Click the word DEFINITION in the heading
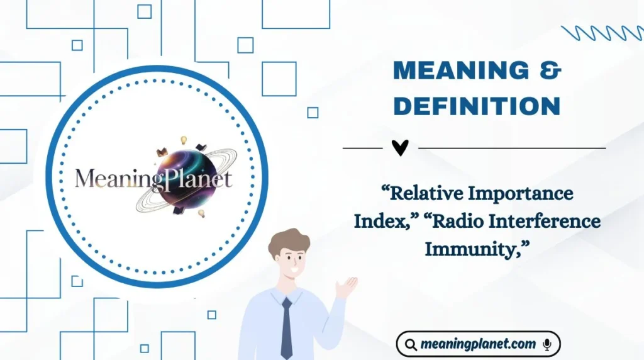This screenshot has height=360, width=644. click(x=477, y=106)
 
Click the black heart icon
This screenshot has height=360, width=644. click(x=400, y=148)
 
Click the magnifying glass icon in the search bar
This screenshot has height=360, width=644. click(x=411, y=344)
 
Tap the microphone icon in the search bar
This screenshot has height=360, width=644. click(x=547, y=344)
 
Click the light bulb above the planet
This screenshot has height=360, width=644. click(x=184, y=140)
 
